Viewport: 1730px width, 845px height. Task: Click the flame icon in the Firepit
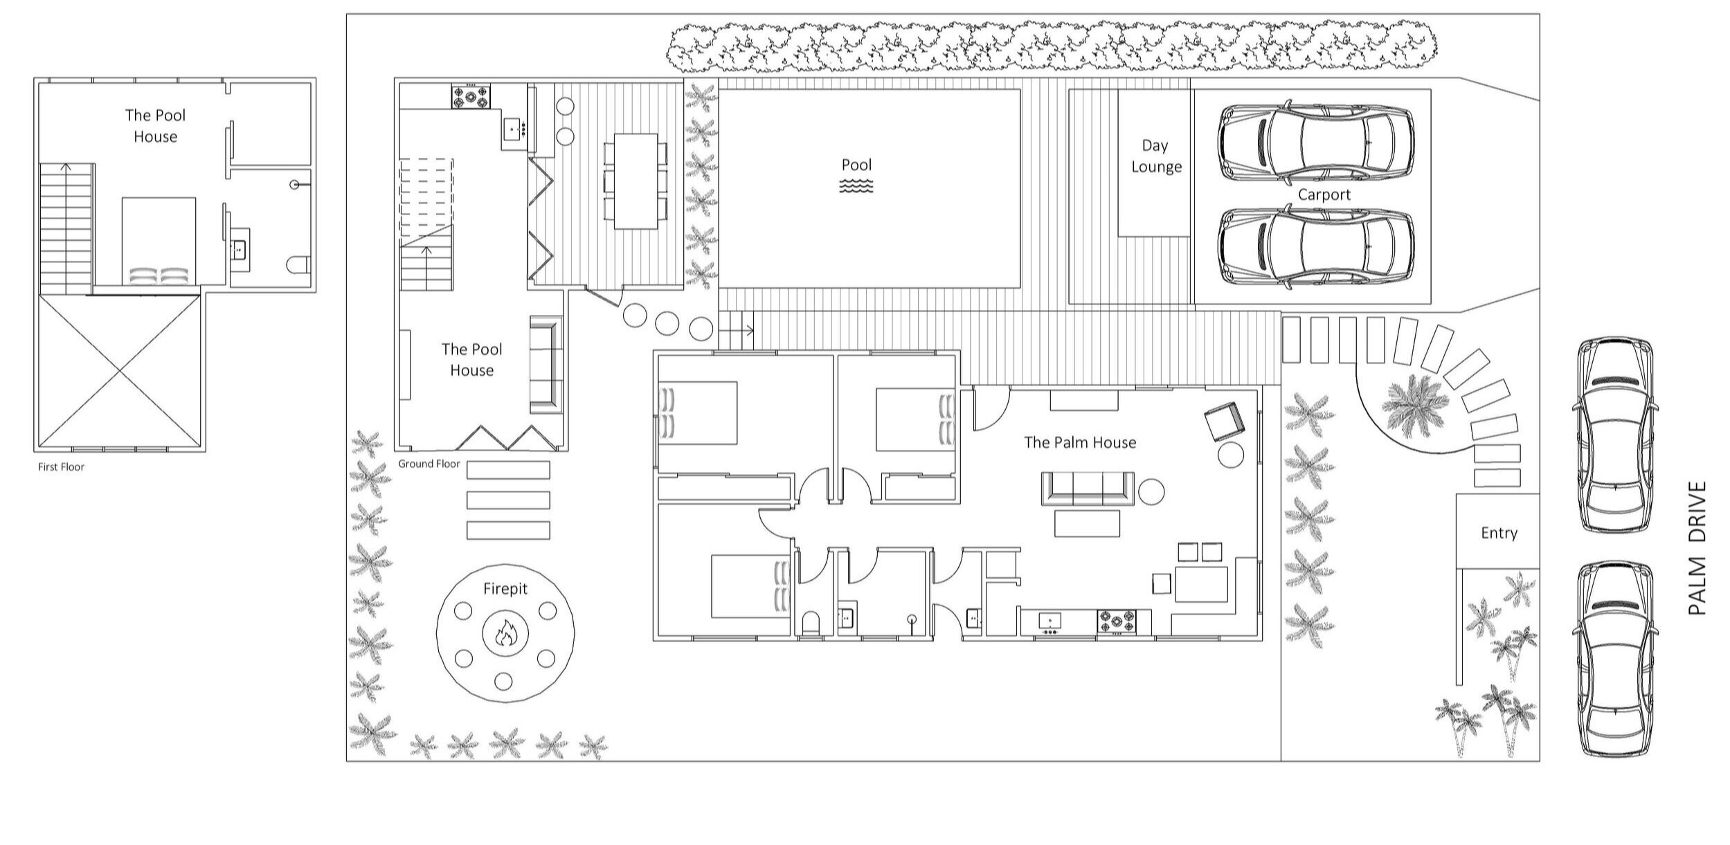pyautogui.click(x=505, y=633)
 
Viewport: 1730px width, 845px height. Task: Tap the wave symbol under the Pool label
pyautogui.click(x=856, y=185)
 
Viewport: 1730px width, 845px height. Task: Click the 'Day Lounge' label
pyautogui.click(x=1155, y=156)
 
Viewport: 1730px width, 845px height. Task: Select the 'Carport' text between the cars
pyautogui.click(x=1324, y=195)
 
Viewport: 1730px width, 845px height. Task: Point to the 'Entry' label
pyautogui.click(x=1499, y=533)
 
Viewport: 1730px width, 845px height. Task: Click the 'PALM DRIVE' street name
pyautogui.click(x=1697, y=548)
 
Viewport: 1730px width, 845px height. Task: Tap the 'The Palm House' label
pyautogui.click(x=1080, y=442)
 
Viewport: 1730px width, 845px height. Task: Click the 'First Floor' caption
pyautogui.click(x=61, y=467)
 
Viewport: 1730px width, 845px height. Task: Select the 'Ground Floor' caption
pyautogui.click(x=429, y=464)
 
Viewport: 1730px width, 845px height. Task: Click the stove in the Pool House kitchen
pyautogui.click(x=471, y=96)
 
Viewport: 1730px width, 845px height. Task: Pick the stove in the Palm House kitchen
pyautogui.click(x=1116, y=621)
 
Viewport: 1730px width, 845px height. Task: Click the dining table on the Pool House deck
pyautogui.click(x=636, y=181)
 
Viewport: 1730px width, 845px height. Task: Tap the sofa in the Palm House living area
pyautogui.click(x=1088, y=489)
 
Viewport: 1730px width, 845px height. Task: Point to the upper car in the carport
pyautogui.click(x=1315, y=144)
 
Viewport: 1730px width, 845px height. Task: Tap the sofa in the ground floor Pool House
pyautogui.click(x=546, y=364)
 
